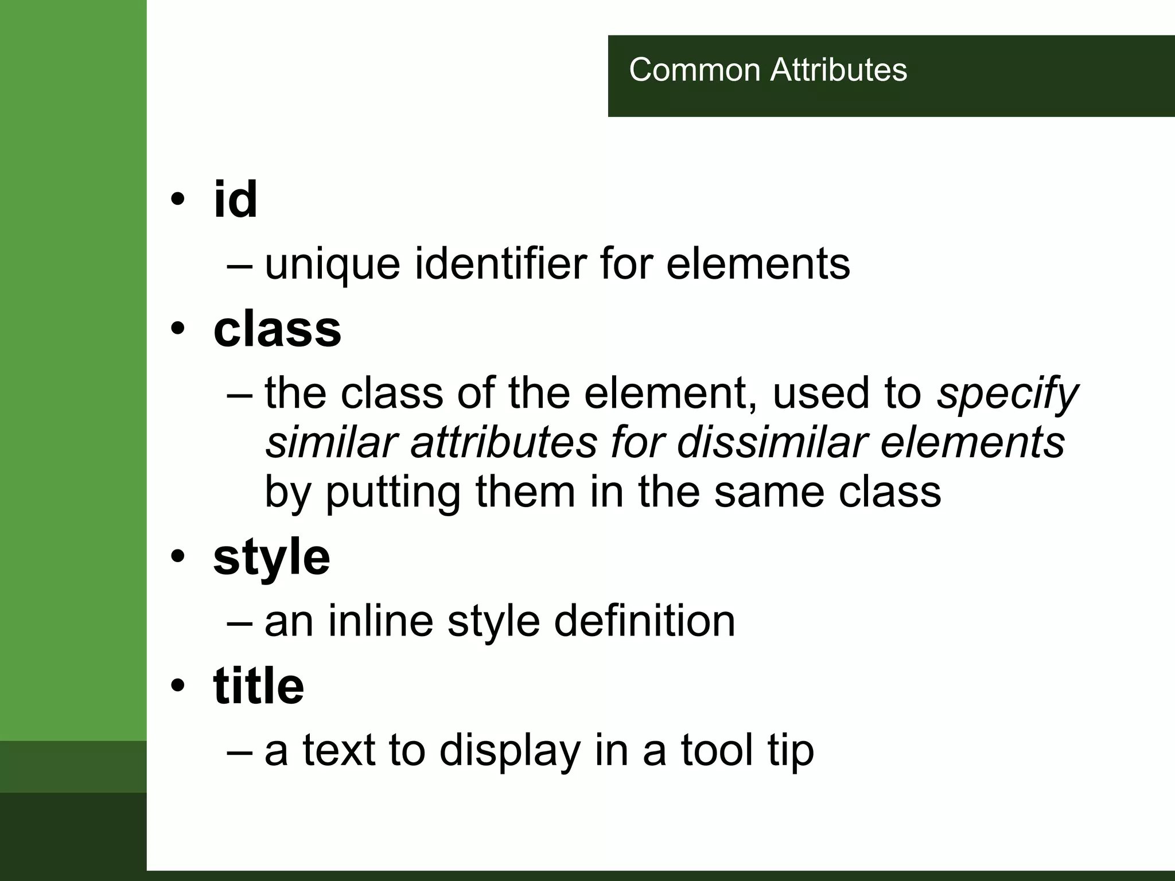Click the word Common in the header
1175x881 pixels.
tap(695, 70)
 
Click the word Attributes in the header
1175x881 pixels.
tap(838, 70)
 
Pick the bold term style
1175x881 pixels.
tap(271, 558)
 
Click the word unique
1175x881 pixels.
tap(332, 265)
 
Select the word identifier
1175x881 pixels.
tap(500, 264)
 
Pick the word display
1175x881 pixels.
tap(509, 751)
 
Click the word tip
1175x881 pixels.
tap(791, 751)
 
